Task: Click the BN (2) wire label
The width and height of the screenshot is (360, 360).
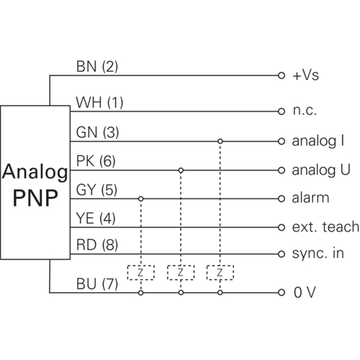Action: [x=97, y=67]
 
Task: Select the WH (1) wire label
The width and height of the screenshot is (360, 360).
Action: [x=99, y=103]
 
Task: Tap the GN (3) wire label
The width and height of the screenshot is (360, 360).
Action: [x=97, y=133]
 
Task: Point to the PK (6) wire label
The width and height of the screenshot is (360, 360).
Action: [x=96, y=161]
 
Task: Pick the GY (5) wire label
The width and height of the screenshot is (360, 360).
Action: [x=96, y=190]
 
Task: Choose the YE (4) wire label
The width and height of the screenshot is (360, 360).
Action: [x=96, y=219]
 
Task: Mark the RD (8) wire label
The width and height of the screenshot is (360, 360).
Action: [x=96, y=246]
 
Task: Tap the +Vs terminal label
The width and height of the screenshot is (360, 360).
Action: [x=306, y=75]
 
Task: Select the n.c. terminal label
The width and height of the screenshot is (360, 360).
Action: [x=305, y=111]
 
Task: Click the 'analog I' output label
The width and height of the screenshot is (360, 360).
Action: [x=318, y=141]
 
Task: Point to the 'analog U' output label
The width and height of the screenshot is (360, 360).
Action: [x=321, y=170]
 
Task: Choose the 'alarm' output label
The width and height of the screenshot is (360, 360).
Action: [x=310, y=198]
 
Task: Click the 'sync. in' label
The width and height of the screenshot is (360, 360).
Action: [x=318, y=253]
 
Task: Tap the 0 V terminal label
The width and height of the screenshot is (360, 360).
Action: [x=305, y=293]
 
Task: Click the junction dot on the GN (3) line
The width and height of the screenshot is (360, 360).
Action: [x=220, y=141]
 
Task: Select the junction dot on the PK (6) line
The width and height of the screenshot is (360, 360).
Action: [x=180, y=170]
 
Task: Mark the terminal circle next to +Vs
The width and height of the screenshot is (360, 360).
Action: [x=281, y=75]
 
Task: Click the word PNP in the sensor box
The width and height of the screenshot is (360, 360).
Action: [x=36, y=198]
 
